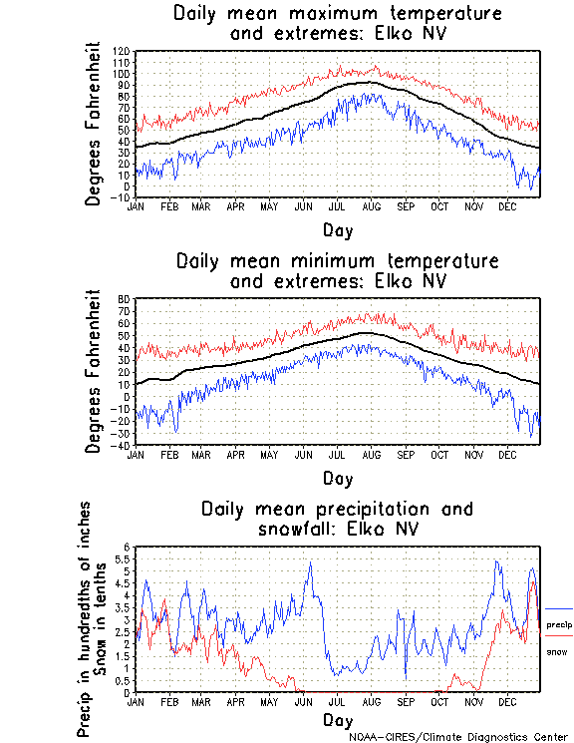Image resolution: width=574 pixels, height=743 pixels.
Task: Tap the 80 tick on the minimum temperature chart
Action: coord(126,299)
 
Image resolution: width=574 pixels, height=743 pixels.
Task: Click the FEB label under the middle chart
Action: coord(168,455)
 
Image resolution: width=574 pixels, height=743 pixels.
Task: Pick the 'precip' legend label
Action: coord(559,623)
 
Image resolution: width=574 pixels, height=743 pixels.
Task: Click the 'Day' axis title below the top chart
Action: coord(337,230)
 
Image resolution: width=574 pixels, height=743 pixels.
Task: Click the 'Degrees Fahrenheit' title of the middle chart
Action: coord(94,371)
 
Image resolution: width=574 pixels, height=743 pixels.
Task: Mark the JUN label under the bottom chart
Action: coord(304,701)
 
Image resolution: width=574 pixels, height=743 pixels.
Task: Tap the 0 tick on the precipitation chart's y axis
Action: coord(128,692)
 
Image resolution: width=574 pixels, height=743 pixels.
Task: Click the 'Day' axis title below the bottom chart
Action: coord(337,719)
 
